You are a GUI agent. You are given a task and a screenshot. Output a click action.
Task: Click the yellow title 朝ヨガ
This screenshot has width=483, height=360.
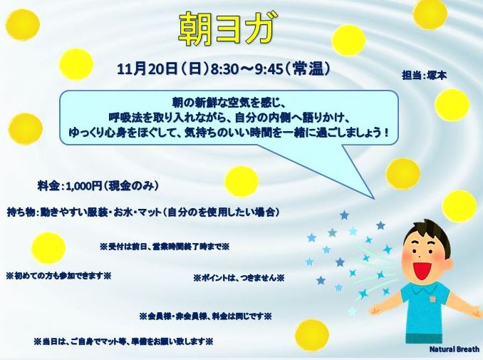[x=226, y=30]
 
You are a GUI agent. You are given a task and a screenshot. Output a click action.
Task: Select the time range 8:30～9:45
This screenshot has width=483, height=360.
[x=246, y=70]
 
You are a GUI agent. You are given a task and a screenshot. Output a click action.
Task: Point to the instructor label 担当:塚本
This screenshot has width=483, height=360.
[x=424, y=75]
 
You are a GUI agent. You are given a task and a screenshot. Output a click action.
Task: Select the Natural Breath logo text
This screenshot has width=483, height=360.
[x=455, y=349]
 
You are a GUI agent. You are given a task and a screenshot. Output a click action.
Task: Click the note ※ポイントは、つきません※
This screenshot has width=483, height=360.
[x=239, y=278]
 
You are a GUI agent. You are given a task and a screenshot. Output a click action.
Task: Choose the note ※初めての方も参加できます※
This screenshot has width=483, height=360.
[x=58, y=276]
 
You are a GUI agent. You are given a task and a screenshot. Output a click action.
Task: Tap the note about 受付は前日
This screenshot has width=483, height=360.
[x=165, y=247]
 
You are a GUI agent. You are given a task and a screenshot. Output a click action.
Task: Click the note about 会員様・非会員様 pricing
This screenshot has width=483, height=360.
[x=205, y=317]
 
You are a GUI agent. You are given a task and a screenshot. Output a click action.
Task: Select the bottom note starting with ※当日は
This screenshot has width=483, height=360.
[x=123, y=341]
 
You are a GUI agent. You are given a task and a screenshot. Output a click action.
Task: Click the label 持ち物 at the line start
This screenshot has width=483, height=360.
[x=21, y=212]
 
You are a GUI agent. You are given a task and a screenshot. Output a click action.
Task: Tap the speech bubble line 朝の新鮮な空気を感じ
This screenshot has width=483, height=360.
[x=229, y=101]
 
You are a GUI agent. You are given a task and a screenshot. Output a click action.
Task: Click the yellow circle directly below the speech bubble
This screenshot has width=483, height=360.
[x=241, y=182]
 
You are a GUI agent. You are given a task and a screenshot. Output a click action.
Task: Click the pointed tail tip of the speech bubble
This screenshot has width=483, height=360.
[x=374, y=199]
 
